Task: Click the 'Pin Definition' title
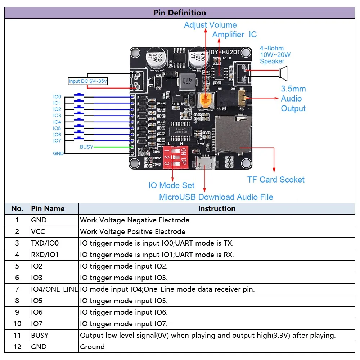(180, 13)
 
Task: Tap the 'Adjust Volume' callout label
(210, 25)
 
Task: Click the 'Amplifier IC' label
(234, 35)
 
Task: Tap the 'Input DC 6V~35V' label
(88, 81)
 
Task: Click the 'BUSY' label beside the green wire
(86, 147)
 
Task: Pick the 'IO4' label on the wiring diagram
(57, 122)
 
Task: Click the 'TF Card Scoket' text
(276, 180)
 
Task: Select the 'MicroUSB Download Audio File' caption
(216, 197)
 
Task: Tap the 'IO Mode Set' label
(171, 185)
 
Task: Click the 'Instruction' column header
(217, 208)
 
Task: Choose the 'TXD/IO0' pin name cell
(45, 243)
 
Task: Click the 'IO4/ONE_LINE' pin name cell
(54, 289)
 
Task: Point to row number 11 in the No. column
(17, 335)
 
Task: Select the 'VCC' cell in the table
(38, 231)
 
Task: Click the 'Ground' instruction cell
(92, 347)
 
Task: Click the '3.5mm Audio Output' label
(293, 99)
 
